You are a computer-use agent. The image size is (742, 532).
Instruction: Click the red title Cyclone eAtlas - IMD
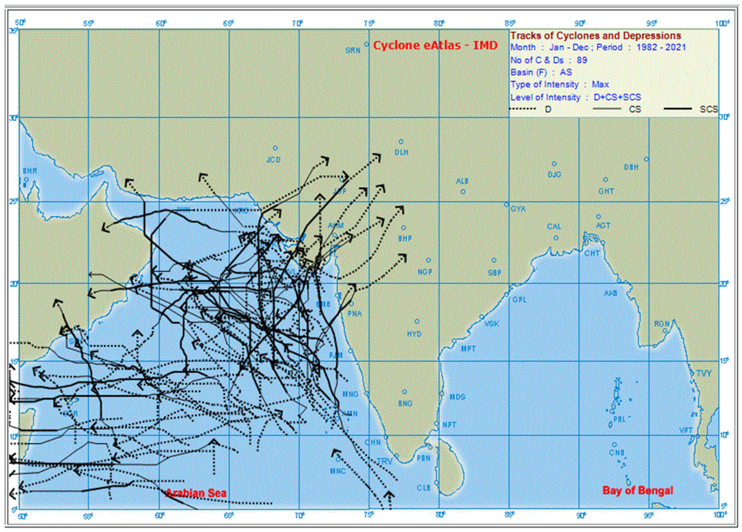click(x=435, y=45)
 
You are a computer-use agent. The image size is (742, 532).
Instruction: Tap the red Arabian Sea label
click(x=196, y=493)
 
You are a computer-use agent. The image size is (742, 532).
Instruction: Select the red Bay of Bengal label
click(x=638, y=490)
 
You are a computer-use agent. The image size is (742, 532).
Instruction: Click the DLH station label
click(x=402, y=152)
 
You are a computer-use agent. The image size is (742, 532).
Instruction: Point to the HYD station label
click(x=414, y=334)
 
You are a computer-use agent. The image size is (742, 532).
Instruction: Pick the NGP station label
click(x=425, y=271)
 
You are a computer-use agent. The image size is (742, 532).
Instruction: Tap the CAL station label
click(x=554, y=226)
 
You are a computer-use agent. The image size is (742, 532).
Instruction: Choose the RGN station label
click(x=661, y=324)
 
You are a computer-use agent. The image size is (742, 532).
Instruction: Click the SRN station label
click(x=353, y=50)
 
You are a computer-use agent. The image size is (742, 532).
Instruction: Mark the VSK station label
click(x=492, y=324)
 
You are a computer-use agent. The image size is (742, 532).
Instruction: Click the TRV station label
click(x=384, y=461)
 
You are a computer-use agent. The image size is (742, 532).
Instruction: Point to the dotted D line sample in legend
click(x=523, y=109)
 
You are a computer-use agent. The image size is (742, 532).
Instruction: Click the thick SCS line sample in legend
click(x=677, y=109)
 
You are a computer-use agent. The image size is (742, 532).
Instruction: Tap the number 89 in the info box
click(x=582, y=60)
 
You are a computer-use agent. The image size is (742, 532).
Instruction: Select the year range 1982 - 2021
click(x=661, y=47)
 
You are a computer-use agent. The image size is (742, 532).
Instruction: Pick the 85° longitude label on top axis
click(x=510, y=23)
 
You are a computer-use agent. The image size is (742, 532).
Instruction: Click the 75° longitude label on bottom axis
click(x=369, y=515)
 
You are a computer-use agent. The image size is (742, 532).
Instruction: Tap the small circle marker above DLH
click(x=401, y=141)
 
